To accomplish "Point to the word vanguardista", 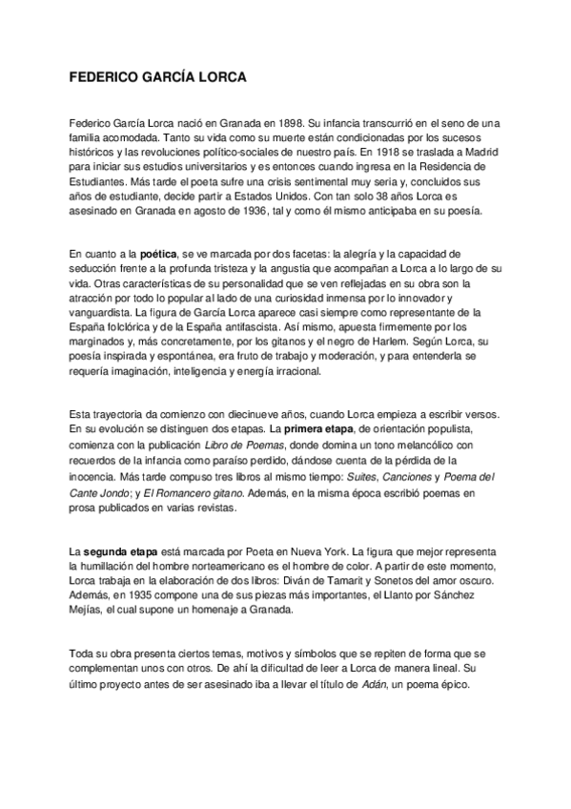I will coord(101,311).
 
